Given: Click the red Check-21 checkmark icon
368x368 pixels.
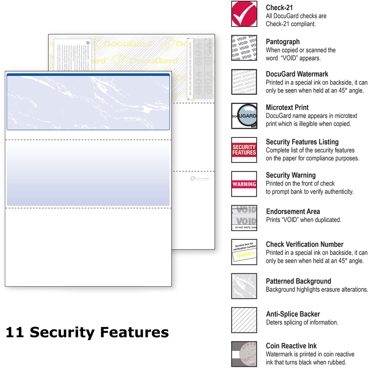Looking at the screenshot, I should [244, 14].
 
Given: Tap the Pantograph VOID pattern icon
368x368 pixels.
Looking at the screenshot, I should [244, 48].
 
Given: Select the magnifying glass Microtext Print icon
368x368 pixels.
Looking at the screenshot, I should [244, 116].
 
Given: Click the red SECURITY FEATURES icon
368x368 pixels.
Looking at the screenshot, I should [244, 150].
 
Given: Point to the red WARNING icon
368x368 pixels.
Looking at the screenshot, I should [244, 184].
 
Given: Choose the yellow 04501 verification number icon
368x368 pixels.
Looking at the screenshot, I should [244, 252].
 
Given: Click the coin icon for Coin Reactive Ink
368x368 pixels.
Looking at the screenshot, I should [244, 354].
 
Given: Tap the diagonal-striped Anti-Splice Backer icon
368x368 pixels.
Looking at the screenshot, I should [244, 320].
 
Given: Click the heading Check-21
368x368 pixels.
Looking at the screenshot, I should [279, 7].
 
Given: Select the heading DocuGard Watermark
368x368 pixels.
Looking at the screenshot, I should [297, 74].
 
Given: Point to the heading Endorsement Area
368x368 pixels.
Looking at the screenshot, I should [293, 211].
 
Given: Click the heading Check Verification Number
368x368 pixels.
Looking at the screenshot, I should [305, 245].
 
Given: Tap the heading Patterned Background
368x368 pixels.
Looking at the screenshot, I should [298, 281].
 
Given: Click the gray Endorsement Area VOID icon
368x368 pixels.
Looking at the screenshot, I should [244, 218].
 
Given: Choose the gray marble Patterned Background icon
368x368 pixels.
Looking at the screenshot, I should [244, 286].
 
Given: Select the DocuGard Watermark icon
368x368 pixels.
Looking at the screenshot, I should [244, 82].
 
